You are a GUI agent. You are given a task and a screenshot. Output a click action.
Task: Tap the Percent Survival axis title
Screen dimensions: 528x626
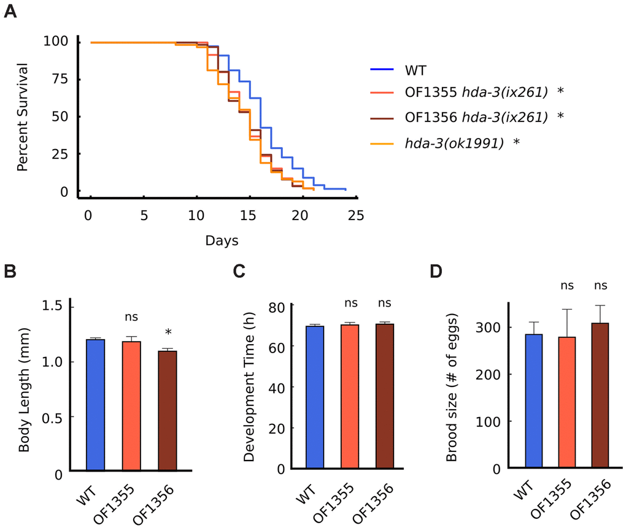(23, 117)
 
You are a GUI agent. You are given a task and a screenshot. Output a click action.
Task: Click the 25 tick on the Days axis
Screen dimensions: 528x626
(355, 215)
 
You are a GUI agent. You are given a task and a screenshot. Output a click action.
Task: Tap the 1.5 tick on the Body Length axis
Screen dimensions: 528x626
(55, 306)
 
